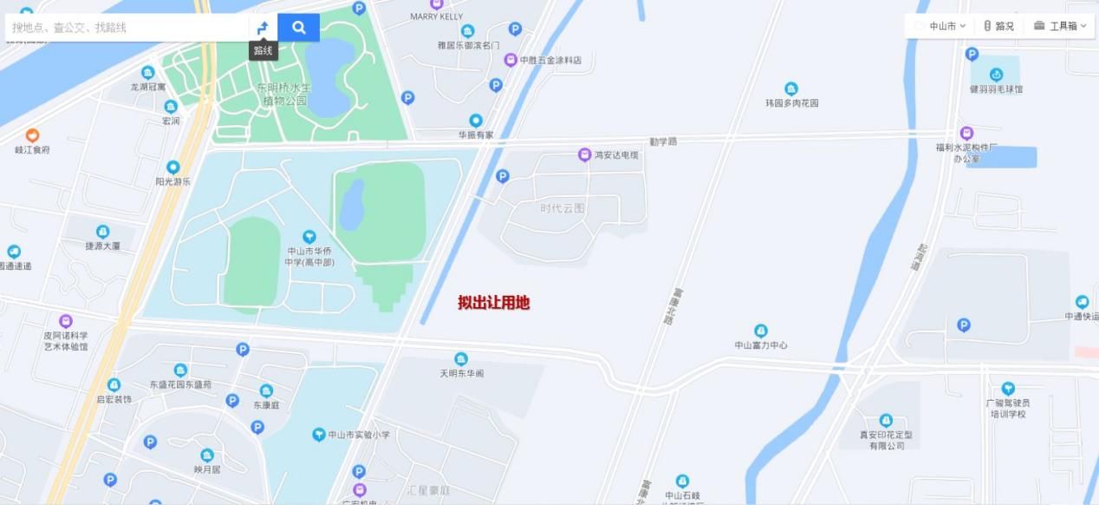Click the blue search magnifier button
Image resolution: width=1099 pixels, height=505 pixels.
point(298,28)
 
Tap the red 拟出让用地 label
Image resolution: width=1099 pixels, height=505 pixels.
point(493,303)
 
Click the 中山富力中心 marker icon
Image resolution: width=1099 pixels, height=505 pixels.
point(761,331)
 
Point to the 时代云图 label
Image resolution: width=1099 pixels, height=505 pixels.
point(563,208)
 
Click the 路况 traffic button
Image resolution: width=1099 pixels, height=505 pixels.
point(998,26)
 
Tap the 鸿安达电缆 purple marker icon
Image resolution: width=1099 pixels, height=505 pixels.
point(584,154)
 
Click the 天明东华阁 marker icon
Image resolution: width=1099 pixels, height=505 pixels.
point(461,358)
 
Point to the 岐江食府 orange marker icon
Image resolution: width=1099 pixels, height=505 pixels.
point(32,135)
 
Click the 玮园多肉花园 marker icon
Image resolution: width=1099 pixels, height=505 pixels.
point(791,89)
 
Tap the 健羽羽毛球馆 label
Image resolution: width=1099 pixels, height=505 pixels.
point(996,89)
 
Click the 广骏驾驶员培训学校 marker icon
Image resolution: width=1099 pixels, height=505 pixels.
point(1007,389)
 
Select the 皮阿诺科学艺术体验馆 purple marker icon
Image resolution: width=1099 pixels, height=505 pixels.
point(66,322)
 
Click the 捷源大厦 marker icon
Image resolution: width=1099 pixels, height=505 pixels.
point(102,232)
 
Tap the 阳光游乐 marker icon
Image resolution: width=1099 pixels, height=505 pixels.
point(172,167)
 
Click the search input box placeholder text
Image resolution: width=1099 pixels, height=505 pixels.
point(69,28)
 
